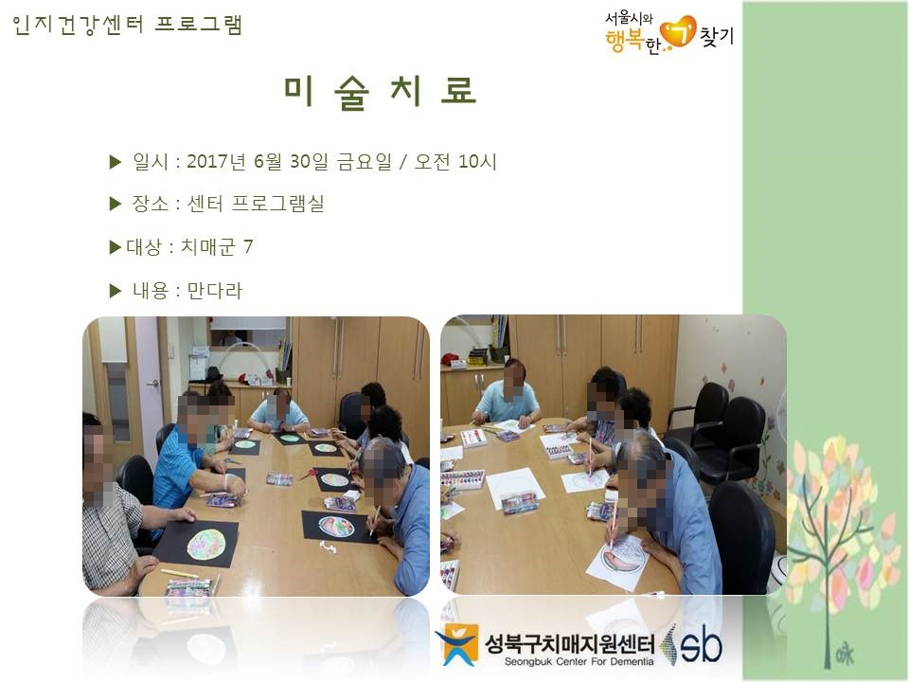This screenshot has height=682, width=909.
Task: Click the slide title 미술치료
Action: pyautogui.click(x=380, y=92)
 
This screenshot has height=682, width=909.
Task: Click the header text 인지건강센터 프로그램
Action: pyautogui.click(x=127, y=25)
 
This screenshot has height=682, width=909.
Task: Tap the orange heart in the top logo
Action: pyautogui.click(x=678, y=32)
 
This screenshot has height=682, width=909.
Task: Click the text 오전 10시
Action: pyautogui.click(x=455, y=161)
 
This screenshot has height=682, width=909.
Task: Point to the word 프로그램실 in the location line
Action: pyautogui.click(x=277, y=204)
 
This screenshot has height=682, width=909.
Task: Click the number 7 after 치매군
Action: pyautogui.click(x=248, y=246)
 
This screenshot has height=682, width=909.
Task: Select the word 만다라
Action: pyautogui.click(x=215, y=290)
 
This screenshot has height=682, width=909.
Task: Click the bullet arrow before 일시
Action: pyautogui.click(x=115, y=162)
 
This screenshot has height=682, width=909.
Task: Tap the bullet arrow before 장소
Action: pyautogui.click(x=115, y=204)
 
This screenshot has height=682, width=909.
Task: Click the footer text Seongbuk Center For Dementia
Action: pyautogui.click(x=579, y=662)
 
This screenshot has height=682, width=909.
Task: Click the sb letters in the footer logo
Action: pyautogui.click(x=701, y=645)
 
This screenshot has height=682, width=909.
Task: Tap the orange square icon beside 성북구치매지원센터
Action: pyautogui.click(x=457, y=644)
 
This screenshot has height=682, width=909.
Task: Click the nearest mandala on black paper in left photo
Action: pyautogui.click(x=206, y=546)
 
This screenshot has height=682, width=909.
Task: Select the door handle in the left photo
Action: pyautogui.click(x=153, y=384)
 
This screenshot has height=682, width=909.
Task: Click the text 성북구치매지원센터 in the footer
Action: pyautogui.click(x=570, y=643)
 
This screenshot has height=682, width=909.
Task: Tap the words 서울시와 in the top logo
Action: pyautogui.click(x=629, y=19)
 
